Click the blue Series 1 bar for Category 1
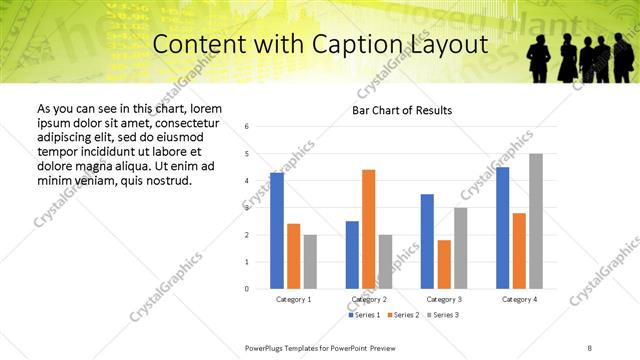click(277, 231)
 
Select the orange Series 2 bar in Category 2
click(368, 229)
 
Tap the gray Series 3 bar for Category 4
click(536, 221)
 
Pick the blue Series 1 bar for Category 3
click(427, 241)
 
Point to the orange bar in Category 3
click(444, 264)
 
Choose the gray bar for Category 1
click(310, 261)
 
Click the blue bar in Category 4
click(503, 228)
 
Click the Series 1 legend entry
click(365, 315)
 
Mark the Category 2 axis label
click(369, 299)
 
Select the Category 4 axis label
click(519, 299)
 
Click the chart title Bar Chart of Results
click(402, 110)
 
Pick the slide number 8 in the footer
click(590, 347)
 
